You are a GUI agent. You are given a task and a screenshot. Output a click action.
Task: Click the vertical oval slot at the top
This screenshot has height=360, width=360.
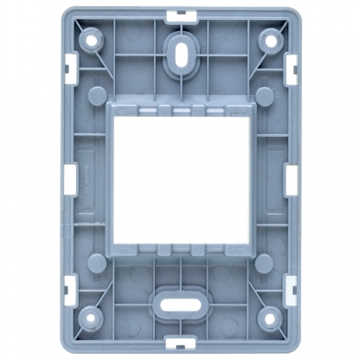pos(180,50)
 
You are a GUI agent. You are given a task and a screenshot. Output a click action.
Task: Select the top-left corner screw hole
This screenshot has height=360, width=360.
pos(90,40)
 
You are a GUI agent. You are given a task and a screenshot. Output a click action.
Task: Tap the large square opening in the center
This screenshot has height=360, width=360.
pos(180,179)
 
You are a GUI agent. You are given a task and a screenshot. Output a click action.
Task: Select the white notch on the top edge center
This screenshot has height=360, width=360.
pos(180,14)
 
